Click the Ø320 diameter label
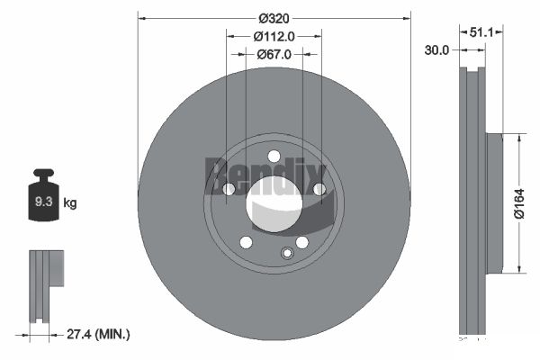point(274,19)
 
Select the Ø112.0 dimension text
point(274,37)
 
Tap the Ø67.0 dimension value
point(274,54)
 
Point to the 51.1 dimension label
point(481,32)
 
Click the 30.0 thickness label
point(436,50)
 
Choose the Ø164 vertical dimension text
point(519,203)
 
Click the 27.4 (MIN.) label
point(98,334)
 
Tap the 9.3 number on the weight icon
point(44,202)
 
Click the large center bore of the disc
point(274,204)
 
